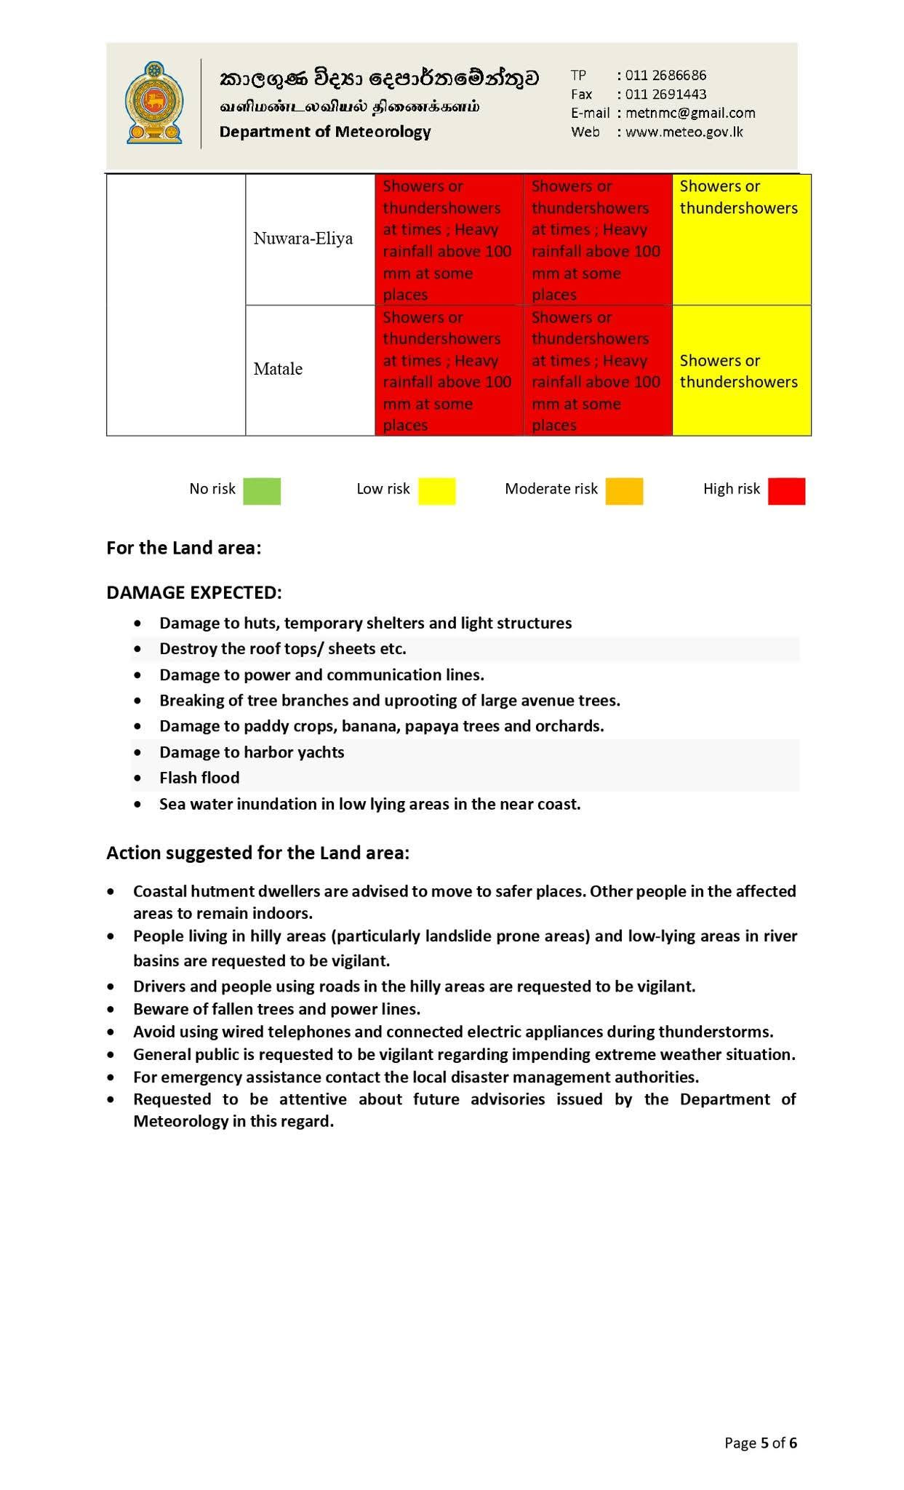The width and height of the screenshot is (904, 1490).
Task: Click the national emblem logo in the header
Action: [153, 103]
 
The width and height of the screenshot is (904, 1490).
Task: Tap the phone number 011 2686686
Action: [665, 75]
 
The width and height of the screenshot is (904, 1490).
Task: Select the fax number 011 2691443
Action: [665, 94]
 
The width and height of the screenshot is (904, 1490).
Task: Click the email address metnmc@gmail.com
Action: [689, 113]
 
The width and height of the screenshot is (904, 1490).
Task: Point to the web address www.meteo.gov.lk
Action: [684, 132]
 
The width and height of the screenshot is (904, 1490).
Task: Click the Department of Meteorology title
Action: [325, 132]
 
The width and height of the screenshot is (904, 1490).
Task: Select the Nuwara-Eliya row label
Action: [303, 239]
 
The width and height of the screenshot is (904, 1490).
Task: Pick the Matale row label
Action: [278, 369]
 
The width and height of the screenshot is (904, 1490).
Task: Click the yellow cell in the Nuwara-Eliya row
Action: [740, 239]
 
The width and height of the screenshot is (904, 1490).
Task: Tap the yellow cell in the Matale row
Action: [740, 370]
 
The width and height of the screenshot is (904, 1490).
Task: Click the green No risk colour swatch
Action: [262, 491]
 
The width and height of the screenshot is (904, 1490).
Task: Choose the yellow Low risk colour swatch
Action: [436, 491]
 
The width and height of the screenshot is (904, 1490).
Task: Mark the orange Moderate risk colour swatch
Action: [624, 491]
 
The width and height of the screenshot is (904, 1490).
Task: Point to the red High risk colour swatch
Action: [786, 491]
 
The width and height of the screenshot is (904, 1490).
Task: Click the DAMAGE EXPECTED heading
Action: [193, 592]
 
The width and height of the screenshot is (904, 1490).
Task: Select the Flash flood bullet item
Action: [199, 778]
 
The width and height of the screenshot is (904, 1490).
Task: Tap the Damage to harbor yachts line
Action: [252, 752]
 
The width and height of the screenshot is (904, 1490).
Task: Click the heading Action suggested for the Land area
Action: [257, 853]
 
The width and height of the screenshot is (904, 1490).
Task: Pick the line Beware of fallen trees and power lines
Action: [276, 1009]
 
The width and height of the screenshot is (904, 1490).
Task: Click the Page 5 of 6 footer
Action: [760, 1443]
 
